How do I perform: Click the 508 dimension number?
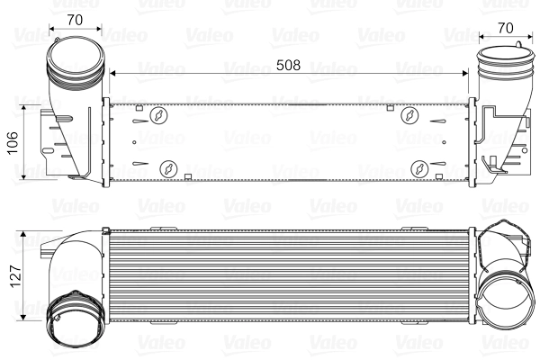click(288, 66)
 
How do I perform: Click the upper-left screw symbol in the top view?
click(159, 116)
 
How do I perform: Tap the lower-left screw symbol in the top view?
click(167, 168)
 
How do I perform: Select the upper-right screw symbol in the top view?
click(409, 116)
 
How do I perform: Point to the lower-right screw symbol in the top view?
click(418, 168)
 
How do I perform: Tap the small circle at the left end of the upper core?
click(136, 140)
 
